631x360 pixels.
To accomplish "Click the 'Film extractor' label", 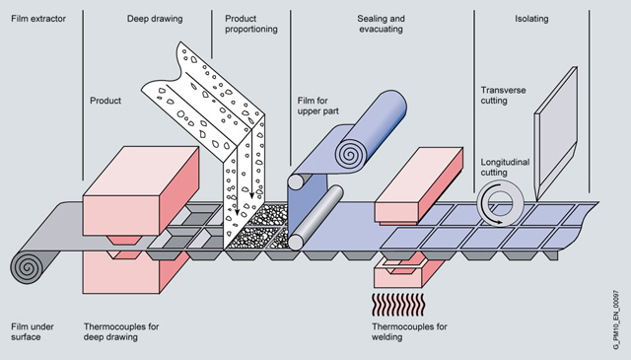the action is (x=38, y=19).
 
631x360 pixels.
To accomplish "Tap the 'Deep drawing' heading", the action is (x=155, y=19).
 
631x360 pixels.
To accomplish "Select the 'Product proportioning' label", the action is (x=251, y=24).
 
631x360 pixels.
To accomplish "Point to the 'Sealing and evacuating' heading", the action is (x=382, y=24).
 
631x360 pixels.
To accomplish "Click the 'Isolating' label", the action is (x=531, y=19).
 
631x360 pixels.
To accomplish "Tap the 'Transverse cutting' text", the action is (x=503, y=96).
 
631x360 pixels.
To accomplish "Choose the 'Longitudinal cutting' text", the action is (x=505, y=167).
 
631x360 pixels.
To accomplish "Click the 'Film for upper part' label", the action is (x=317, y=106).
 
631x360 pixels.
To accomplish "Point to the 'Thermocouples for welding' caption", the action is (x=409, y=331).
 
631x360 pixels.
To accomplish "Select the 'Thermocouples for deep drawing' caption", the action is (x=121, y=331).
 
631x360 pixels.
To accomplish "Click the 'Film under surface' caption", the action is (x=33, y=331).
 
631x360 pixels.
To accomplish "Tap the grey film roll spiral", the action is (x=28, y=266).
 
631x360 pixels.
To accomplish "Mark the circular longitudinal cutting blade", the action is (x=501, y=203).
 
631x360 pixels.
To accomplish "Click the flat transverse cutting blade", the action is (x=556, y=134).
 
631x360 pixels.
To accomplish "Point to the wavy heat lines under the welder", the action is (x=398, y=305).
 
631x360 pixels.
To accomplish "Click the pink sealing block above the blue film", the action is (x=418, y=184).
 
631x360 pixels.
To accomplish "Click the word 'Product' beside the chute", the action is (x=105, y=101).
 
